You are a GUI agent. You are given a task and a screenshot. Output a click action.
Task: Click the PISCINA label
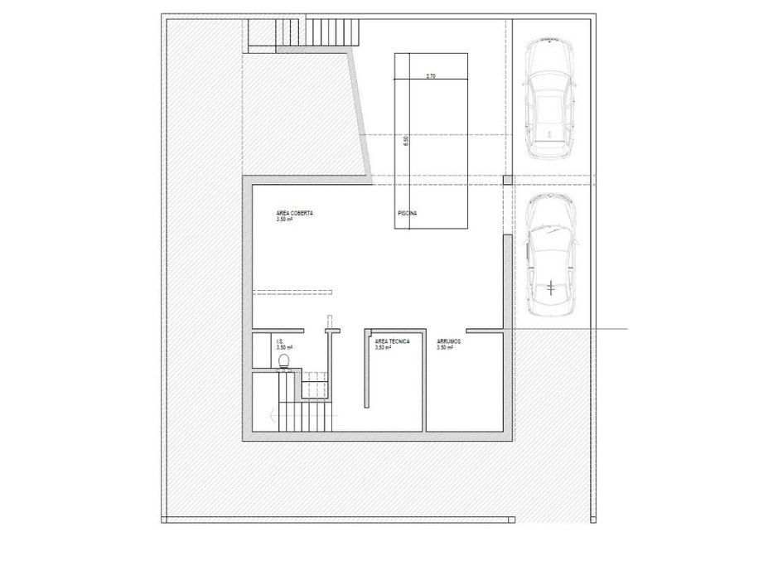point(407,214)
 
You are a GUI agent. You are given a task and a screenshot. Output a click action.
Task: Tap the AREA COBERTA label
point(295,213)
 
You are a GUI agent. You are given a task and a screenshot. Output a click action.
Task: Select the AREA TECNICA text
point(392,341)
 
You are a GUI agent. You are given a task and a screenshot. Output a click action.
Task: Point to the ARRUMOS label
point(449,341)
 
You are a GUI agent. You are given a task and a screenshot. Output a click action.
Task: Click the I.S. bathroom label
point(281,341)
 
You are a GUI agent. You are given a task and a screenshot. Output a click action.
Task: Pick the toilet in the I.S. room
point(285,360)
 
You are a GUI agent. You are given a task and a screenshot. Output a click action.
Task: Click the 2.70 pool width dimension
point(431,76)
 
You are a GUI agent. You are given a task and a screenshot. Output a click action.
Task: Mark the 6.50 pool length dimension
point(405,142)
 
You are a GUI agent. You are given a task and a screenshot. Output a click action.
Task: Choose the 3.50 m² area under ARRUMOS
point(446,348)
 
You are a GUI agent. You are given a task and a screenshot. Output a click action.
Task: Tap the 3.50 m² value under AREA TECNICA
point(384,348)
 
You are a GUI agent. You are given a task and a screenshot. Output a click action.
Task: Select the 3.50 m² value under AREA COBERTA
point(285,220)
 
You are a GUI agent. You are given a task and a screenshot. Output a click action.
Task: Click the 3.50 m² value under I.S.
point(284,348)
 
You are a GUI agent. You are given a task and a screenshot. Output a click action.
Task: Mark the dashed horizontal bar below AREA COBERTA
point(292,291)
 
